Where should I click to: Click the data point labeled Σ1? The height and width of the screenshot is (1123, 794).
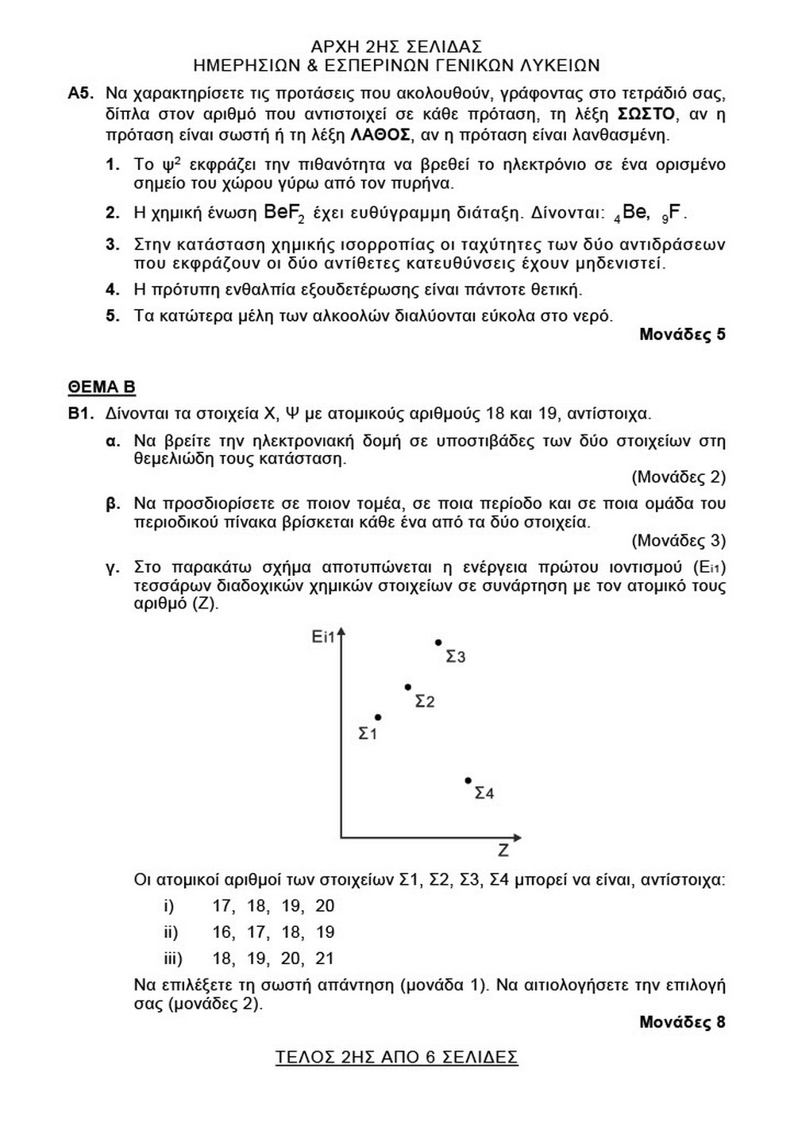378,717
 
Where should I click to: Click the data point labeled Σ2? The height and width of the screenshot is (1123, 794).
407,687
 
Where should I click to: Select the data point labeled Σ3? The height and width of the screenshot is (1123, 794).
437,642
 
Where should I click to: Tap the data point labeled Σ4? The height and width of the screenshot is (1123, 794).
468,780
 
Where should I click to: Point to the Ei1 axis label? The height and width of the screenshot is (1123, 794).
324,637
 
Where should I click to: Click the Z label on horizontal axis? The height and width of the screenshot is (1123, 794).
503,851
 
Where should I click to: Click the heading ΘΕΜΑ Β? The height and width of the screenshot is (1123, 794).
102,387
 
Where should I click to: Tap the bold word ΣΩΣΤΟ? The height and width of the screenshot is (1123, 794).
646,114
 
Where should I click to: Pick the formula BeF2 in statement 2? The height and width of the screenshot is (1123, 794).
283,214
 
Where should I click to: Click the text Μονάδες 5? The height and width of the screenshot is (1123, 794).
682,334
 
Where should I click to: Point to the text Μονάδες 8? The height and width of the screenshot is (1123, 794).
682,1021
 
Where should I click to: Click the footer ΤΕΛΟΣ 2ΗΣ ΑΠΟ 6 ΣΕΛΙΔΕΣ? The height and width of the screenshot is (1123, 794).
396,1057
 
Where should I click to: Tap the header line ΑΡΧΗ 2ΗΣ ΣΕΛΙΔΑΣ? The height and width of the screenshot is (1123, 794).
396,47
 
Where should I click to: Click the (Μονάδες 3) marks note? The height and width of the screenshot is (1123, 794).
678,541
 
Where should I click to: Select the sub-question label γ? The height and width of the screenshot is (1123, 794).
112,567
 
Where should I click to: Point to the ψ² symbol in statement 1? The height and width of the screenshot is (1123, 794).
168,164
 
